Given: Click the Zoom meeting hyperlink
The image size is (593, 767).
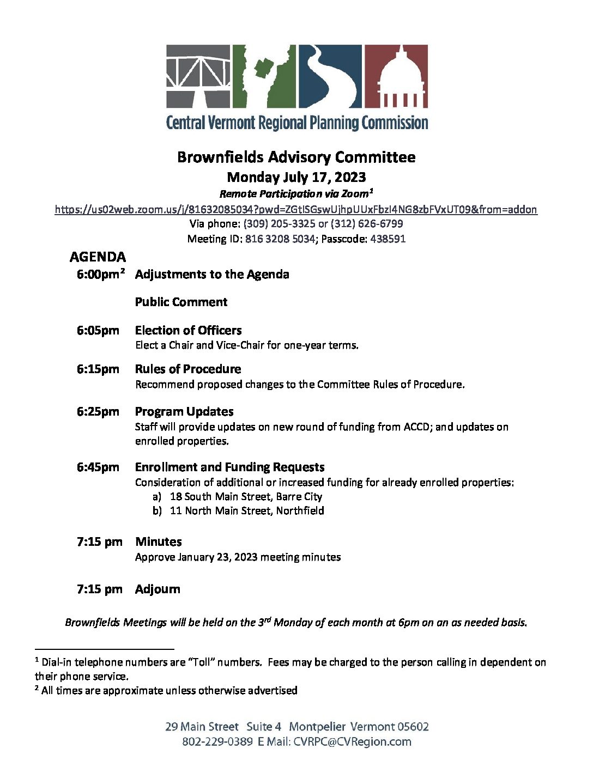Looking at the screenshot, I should (x=296, y=209).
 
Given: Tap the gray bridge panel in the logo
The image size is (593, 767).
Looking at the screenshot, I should (x=198, y=76).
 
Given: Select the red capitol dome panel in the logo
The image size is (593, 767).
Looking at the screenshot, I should (x=396, y=76).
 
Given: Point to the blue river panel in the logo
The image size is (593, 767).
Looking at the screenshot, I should (x=330, y=76).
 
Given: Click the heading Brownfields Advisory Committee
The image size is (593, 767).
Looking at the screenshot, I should (x=296, y=157).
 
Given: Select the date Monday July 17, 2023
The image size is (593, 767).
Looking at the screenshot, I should (x=296, y=177).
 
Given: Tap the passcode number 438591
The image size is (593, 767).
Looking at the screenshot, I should (x=388, y=239).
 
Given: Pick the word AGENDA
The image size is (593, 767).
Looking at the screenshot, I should (x=98, y=257).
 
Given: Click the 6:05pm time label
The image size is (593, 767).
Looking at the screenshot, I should (x=98, y=330).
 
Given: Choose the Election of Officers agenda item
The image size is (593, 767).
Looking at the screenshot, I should (x=188, y=330).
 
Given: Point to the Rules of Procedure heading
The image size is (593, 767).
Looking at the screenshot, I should (x=188, y=369).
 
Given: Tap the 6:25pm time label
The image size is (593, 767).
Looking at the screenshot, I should (x=98, y=411).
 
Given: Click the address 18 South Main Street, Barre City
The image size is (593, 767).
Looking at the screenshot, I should (x=246, y=497).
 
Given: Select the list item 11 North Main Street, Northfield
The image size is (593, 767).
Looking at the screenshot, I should (x=247, y=511).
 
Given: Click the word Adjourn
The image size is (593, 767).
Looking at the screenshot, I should (x=158, y=589).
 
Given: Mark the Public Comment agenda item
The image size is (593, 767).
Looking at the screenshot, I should (x=181, y=302).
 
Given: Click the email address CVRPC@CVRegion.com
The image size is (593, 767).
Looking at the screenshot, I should (x=352, y=741).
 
